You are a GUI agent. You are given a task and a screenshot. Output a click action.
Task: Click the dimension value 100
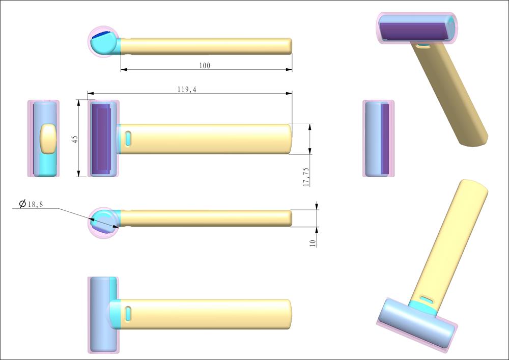205,66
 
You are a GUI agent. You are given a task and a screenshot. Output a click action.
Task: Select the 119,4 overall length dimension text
187,90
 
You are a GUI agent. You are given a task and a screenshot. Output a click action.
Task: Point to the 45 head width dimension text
74,139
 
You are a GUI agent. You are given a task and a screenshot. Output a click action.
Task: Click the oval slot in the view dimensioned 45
128,139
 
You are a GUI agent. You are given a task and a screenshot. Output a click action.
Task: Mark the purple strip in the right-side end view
385,139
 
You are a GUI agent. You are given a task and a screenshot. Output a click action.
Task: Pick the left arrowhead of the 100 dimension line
123,70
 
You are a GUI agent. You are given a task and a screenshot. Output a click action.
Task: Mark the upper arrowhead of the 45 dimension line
79,102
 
